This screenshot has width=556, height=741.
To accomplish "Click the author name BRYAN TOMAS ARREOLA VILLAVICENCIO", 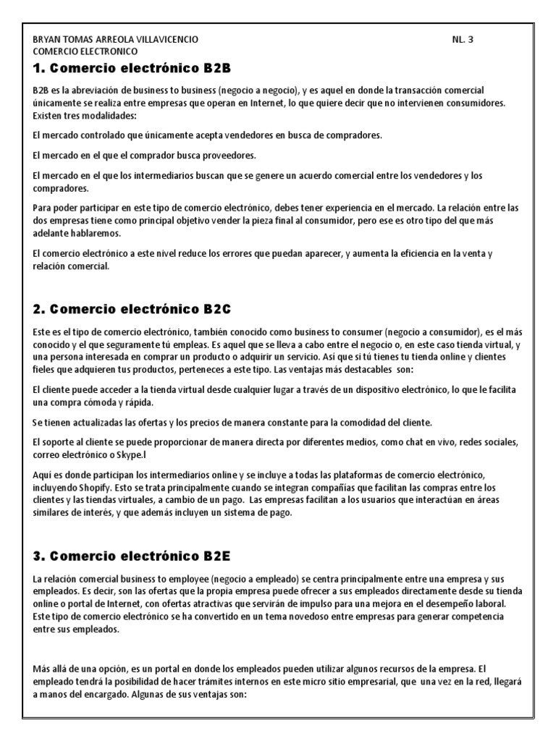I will coord(115,40).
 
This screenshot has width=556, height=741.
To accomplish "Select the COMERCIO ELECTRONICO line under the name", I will coord(85,51).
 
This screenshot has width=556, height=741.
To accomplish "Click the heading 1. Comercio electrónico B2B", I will coord(131,69).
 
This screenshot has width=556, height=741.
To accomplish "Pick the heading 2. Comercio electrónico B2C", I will coord(132,310).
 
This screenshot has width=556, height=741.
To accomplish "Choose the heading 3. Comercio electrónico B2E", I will coord(131,556).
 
